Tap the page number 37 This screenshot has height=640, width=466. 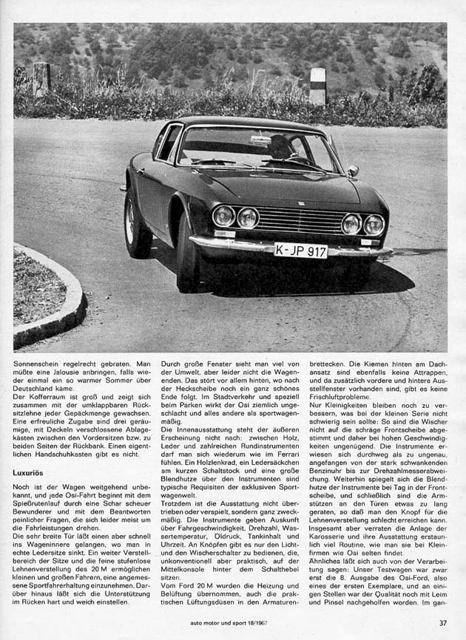(442, 623)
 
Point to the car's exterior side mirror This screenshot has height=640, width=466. (354, 171)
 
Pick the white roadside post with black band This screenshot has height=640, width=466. (318, 85)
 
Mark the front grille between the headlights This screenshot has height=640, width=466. (300, 219)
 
